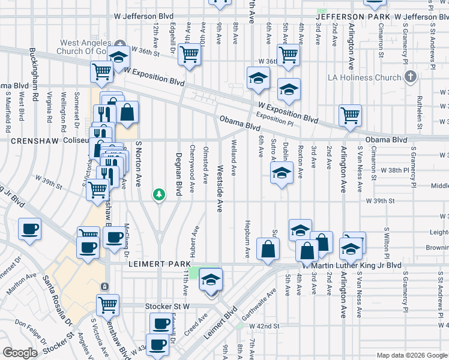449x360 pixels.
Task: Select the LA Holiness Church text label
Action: click(x=364, y=77)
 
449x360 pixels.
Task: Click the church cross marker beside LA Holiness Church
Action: click(x=410, y=76)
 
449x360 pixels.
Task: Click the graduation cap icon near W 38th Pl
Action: click(x=280, y=173)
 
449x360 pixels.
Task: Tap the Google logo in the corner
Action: click(x=20, y=353)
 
